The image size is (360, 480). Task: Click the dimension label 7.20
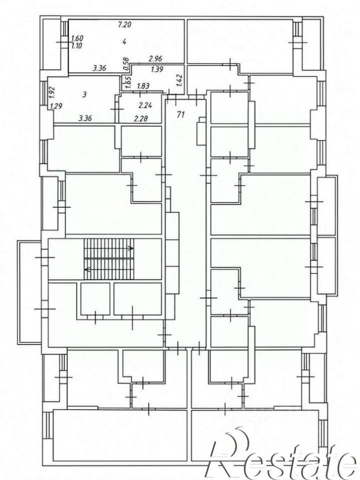coord(125,24)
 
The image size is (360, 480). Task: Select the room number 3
coord(84,95)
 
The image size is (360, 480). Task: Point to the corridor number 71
coord(181,115)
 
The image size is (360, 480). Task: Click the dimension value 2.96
coord(155,59)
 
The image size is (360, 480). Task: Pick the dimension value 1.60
coord(77,39)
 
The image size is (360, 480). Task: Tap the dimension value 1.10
coord(77,46)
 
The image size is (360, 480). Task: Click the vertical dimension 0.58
coord(126,65)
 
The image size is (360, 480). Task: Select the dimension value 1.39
coord(157,69)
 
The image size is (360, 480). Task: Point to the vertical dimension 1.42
coord(180,80)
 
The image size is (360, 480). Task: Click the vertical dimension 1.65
coord(129,82)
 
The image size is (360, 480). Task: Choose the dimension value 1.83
coord(143,86)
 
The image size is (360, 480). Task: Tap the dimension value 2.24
coord(145,106)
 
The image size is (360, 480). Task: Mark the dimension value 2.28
coord(141,118)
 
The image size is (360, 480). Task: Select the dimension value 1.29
coord(56,107)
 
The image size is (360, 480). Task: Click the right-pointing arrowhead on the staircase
coord(131,248)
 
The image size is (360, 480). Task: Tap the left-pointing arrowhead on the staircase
coord(86,270)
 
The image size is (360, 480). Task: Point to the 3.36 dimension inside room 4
coord(99,69)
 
